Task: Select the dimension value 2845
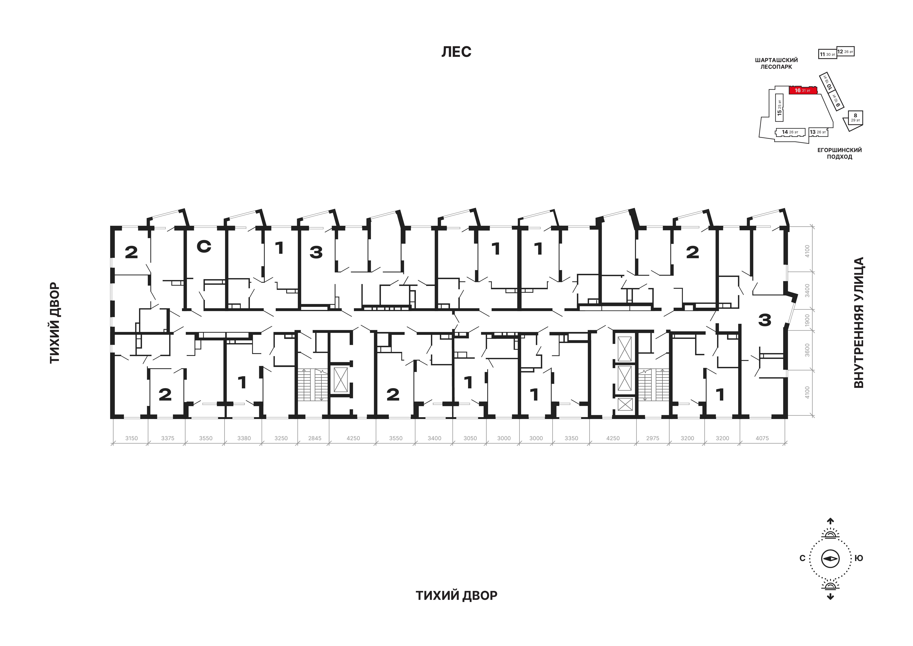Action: coord(315,438)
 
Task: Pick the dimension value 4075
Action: coord(762,438)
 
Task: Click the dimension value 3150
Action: coord(131,438)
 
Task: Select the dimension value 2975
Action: coord(653,438)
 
